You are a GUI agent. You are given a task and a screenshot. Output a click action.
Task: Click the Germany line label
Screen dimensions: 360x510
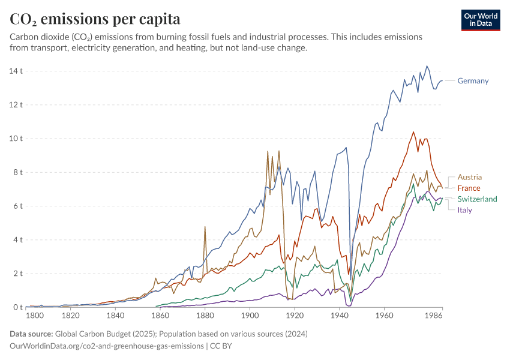(473, 81)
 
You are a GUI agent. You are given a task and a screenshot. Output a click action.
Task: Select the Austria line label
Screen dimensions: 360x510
(469, 177)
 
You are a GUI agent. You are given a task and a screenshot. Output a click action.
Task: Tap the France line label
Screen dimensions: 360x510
(469, 188)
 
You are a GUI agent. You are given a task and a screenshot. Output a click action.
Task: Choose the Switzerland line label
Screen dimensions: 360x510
(477, 199)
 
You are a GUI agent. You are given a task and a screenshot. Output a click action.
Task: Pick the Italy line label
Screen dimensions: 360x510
(464, 209)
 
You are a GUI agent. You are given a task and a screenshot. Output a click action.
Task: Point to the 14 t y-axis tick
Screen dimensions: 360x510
(16, 71)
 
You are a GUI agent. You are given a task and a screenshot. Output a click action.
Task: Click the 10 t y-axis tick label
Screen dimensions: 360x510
(16, 139)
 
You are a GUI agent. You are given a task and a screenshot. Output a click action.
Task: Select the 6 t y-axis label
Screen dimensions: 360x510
(17, 206)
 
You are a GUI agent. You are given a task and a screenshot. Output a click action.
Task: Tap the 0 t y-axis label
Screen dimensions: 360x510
(17, 307)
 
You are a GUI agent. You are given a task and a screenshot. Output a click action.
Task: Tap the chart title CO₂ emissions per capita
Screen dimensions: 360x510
(95, 19)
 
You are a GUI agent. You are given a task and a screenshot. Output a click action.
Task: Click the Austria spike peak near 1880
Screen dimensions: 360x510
(205, 227)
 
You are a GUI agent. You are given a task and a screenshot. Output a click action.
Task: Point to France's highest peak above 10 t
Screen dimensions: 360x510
(413, 132)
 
